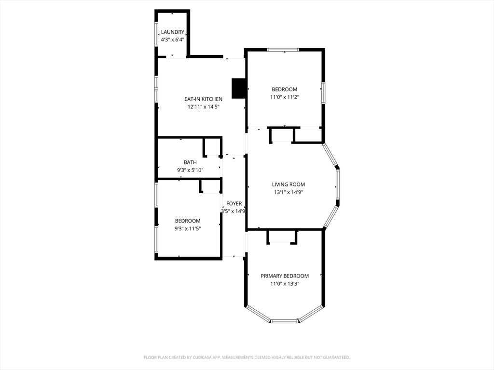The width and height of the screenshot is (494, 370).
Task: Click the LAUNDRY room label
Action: click(x=172, y=32)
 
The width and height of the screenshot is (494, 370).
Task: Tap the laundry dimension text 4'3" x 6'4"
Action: click(x=172, y=40)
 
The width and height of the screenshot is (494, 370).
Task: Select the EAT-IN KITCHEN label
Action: click(x=203, y=99)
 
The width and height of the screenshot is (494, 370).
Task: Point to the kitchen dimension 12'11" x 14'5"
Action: click(x=203, y=107)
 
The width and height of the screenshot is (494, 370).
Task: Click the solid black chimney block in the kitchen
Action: click(x=238, y=88)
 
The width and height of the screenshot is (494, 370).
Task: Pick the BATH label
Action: click(x=190, y=162)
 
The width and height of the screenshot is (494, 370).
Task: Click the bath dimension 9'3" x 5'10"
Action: click(x=190, y=170)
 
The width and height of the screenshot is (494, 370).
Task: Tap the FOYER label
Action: click(x=234, y=204)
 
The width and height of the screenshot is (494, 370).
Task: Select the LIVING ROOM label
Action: click(x=288, y=185)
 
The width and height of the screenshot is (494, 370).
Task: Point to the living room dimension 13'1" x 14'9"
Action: click(x=288, y=192)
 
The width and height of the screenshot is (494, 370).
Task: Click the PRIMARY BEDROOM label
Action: click(x=285, y=276)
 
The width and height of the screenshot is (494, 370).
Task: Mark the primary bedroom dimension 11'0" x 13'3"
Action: click(x=285, y=284)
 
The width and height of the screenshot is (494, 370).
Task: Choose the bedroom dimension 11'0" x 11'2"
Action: click(x=285, y=97)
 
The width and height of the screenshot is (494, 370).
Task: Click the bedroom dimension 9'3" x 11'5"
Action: click(x=188, y=229)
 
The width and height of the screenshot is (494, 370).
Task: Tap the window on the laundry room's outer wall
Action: click(x=156, y=34)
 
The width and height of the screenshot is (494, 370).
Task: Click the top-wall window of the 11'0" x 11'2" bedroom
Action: click(x=283, y=50)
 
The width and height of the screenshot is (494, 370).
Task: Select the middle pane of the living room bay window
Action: click(x=337, y=184)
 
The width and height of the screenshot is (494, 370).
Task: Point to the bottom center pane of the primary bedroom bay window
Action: click(x=285, y=321)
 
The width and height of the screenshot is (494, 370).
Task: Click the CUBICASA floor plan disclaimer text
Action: click(x=247, y=357)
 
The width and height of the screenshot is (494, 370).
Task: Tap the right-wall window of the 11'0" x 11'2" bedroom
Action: click(x=323, y=93)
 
